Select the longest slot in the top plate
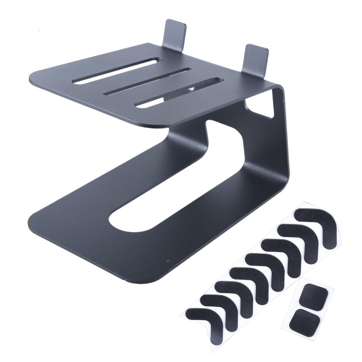coord(117,71)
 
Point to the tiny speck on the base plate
coord(168,261)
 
